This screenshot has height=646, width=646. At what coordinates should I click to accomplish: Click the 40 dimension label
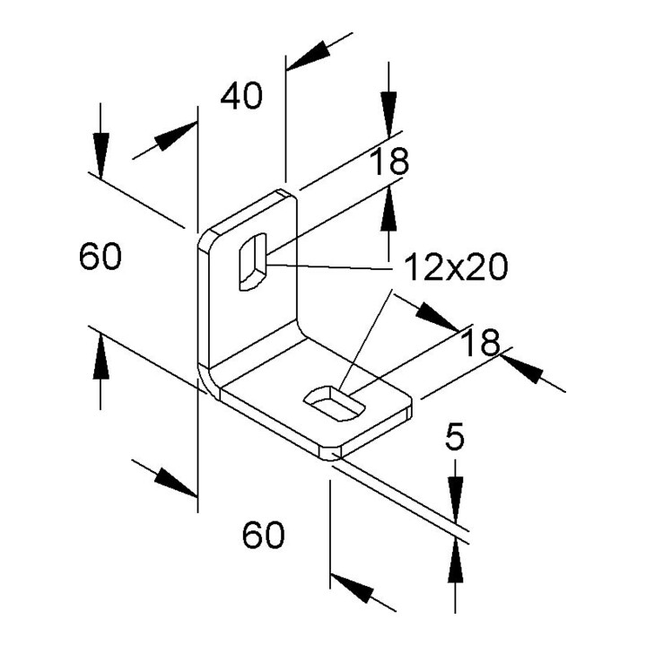click(241, 96)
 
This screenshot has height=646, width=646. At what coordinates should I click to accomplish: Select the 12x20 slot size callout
click(456, 266)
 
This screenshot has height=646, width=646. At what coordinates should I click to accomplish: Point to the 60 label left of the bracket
click(100, 257)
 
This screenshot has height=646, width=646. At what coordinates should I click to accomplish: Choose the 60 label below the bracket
click(263, 535)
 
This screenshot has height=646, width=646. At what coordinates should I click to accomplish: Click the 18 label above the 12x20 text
click(388, 161)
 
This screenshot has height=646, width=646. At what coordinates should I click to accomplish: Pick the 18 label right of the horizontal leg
click(480, 343)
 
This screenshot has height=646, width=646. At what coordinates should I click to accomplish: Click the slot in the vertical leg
click(252, 262)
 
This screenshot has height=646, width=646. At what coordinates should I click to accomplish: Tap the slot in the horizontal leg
click(335, 404)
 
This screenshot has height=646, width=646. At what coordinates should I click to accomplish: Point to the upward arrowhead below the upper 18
click(388, 207)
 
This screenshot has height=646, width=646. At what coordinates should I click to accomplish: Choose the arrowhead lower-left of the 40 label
click(175, 135)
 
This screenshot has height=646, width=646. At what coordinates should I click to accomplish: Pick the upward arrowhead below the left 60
click(100, 356)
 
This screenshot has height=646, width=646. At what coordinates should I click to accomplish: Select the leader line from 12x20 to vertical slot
click(328, 267)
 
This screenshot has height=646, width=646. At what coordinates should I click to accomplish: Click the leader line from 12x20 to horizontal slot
click(365, 338)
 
